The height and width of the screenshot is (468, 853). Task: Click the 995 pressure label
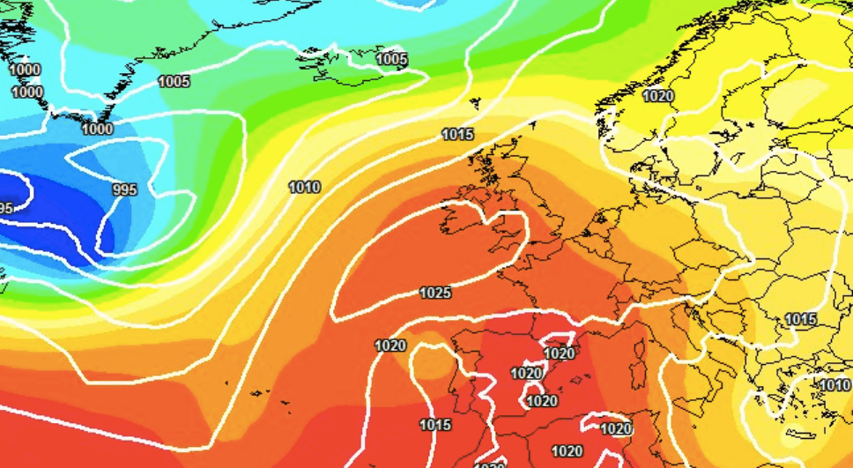(125, 189)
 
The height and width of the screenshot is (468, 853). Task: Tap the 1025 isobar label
(435, 293)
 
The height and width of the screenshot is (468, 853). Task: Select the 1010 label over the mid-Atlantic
(304, 187)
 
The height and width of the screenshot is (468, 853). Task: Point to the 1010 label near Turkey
(834, 385)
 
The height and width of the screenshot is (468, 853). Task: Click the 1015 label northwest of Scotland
(457, 135)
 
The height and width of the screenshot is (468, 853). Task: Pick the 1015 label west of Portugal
(435, 425)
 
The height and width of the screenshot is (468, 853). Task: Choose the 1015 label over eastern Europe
(800, 319)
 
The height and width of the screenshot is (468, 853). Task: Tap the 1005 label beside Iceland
(391, 59)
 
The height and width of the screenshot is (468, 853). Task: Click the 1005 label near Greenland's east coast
(174, 82)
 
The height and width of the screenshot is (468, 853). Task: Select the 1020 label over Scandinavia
(658, 96)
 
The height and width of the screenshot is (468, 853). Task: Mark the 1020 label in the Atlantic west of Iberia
(390, 345)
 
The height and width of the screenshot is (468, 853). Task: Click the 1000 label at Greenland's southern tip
(97, 129)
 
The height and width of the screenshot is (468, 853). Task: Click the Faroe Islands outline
(476, 103)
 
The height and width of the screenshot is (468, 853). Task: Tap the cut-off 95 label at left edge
(6, 209)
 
